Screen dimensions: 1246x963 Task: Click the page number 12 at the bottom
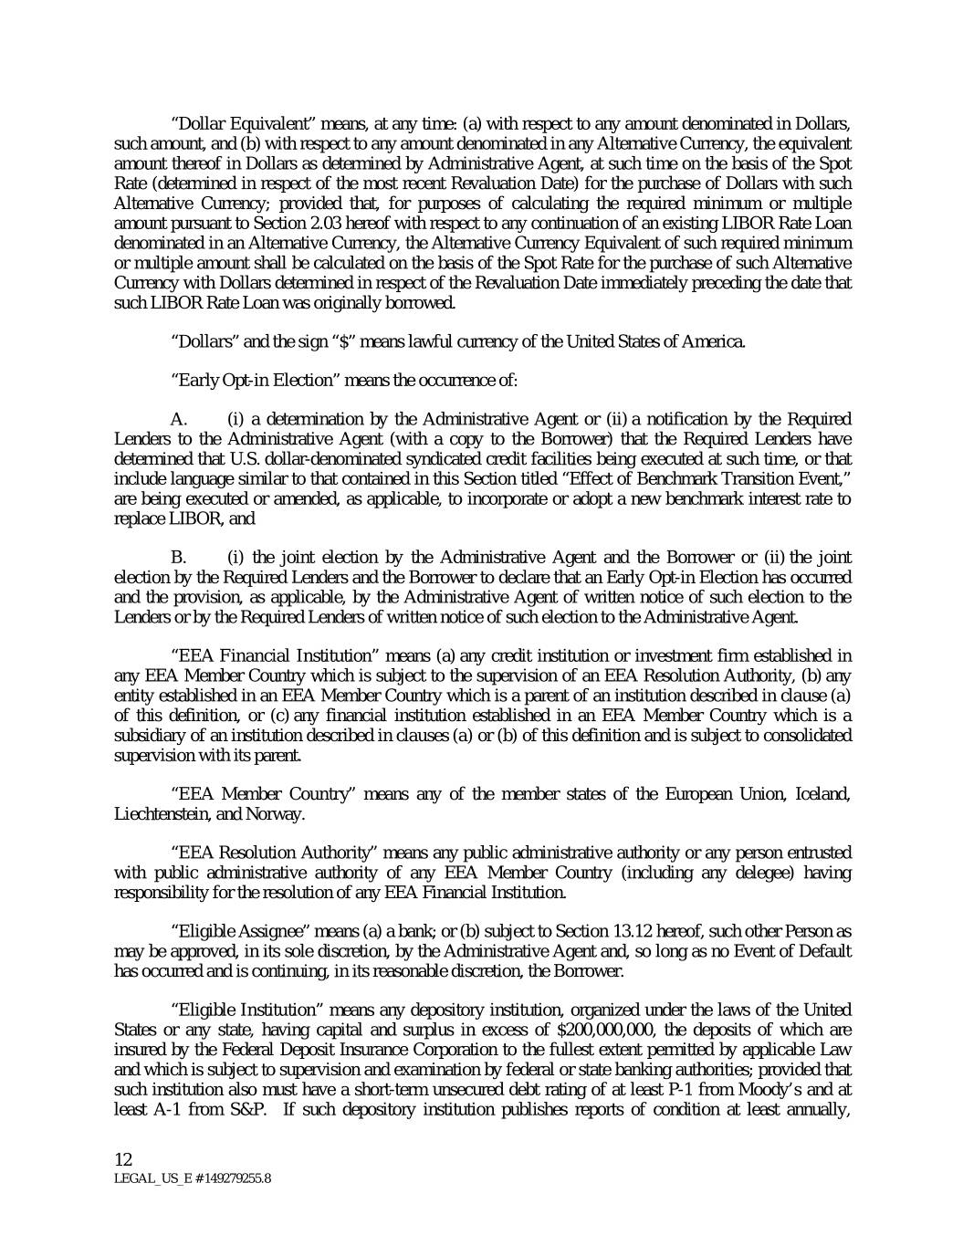(x=123, y=1159)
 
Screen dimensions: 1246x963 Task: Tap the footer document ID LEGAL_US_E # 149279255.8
(x=192, y=1178)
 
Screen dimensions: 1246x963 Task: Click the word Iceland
(x=824, y=793)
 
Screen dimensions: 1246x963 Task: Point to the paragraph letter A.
(x=179, y=419)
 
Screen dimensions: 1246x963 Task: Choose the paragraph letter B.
(x=179, y=557)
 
